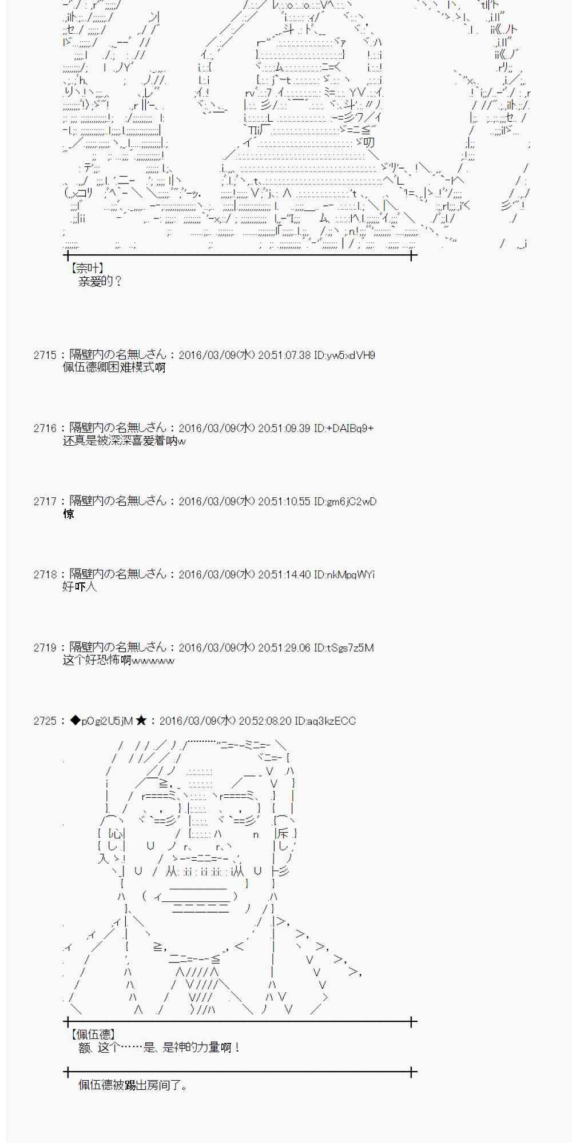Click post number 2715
[45, 355]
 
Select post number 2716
[45, 429]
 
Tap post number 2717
[45, 502]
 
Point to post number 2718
[45, 575]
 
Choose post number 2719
[45, 648]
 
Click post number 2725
[45, 721]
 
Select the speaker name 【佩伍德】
[93, 1034]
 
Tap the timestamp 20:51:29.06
[284, 648]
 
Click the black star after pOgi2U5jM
[141, 721]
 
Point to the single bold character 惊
[69, 514]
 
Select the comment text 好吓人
[80, 588]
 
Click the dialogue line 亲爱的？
[100, 282]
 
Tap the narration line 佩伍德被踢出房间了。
[133, 1085]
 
